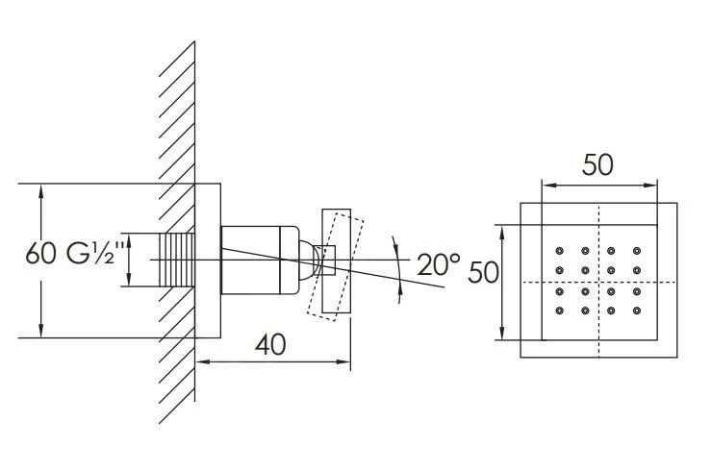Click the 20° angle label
(x=438, y=261)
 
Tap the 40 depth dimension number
(x=272, y=344)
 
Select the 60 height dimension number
(x=41, y=256)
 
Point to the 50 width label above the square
(x=597, y=164)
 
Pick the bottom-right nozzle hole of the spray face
(x=637, y=311)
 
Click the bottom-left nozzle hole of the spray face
(x=559, y=311)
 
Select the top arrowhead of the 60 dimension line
(x=40, y=189)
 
